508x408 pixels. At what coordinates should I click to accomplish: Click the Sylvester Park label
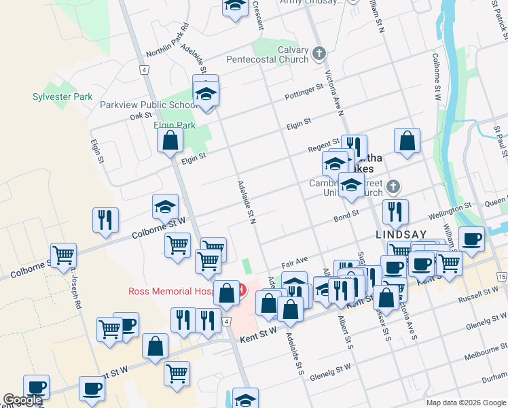point(62,97)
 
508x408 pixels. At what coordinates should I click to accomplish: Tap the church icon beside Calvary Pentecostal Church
point(321,53)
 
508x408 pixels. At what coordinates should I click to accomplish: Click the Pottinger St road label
point(304,90)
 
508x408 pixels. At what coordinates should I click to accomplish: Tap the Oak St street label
point(140,116)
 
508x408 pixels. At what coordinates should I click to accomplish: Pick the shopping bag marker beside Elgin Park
point(170,140)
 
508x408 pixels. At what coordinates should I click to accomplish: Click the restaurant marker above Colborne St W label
point(105,220)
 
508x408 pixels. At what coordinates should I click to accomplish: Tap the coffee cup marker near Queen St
point(471,239)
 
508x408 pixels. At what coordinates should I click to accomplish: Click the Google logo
point(22,401)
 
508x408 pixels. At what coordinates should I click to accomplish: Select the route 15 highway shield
point(501,277)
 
